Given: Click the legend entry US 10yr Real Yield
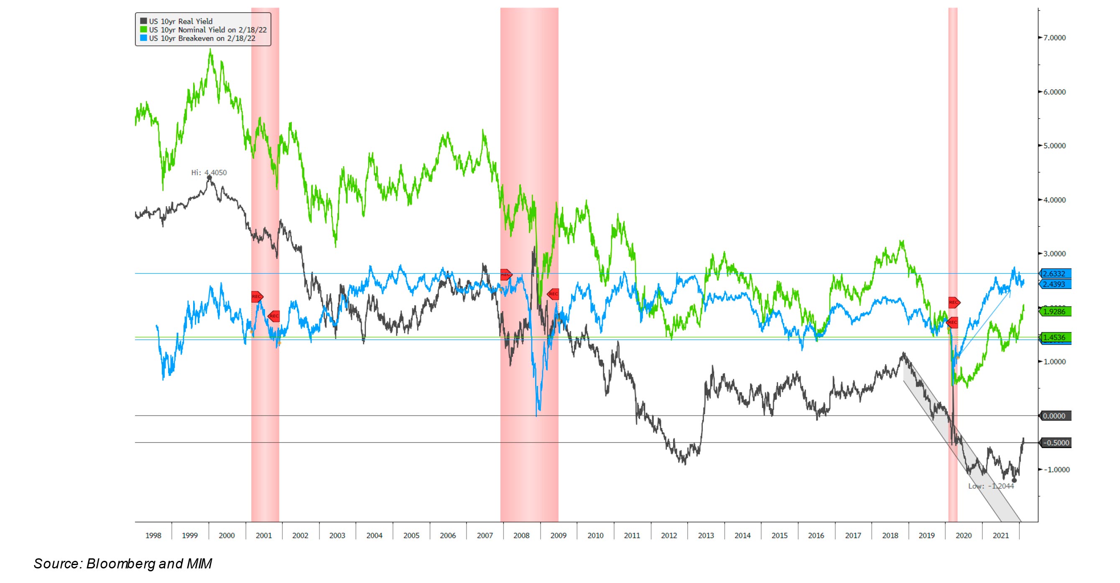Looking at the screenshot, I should pos(181,21).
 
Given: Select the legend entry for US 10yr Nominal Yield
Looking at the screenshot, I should pos(207,30).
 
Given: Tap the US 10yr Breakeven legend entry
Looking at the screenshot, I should pos(202,38).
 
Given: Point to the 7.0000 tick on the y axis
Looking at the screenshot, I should pos(1054,38).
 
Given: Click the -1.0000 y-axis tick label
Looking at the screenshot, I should pos(1056,469).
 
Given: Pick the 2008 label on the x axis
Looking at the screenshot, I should pos(521,536).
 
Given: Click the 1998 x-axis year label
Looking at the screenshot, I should pos(153,536).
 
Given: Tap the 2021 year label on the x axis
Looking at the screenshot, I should pos(1000,536).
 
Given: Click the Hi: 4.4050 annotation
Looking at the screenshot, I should pos(209,172).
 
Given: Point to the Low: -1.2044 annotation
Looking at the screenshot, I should pos(991,486).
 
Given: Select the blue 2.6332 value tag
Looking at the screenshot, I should pos(1054,274).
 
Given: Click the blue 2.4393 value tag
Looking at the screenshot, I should pos(1054,284).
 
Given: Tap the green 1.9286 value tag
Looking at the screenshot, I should pos(1054,312).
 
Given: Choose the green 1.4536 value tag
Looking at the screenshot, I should pos(1054,337).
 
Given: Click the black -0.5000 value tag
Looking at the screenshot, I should pos(1055,443).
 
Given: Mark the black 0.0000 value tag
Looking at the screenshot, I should pos(1054,416).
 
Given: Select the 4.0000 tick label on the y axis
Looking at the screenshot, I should pos(1054,200).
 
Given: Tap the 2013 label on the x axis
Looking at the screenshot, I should pos(706,536).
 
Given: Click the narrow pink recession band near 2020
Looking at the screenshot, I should pos(953,174).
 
